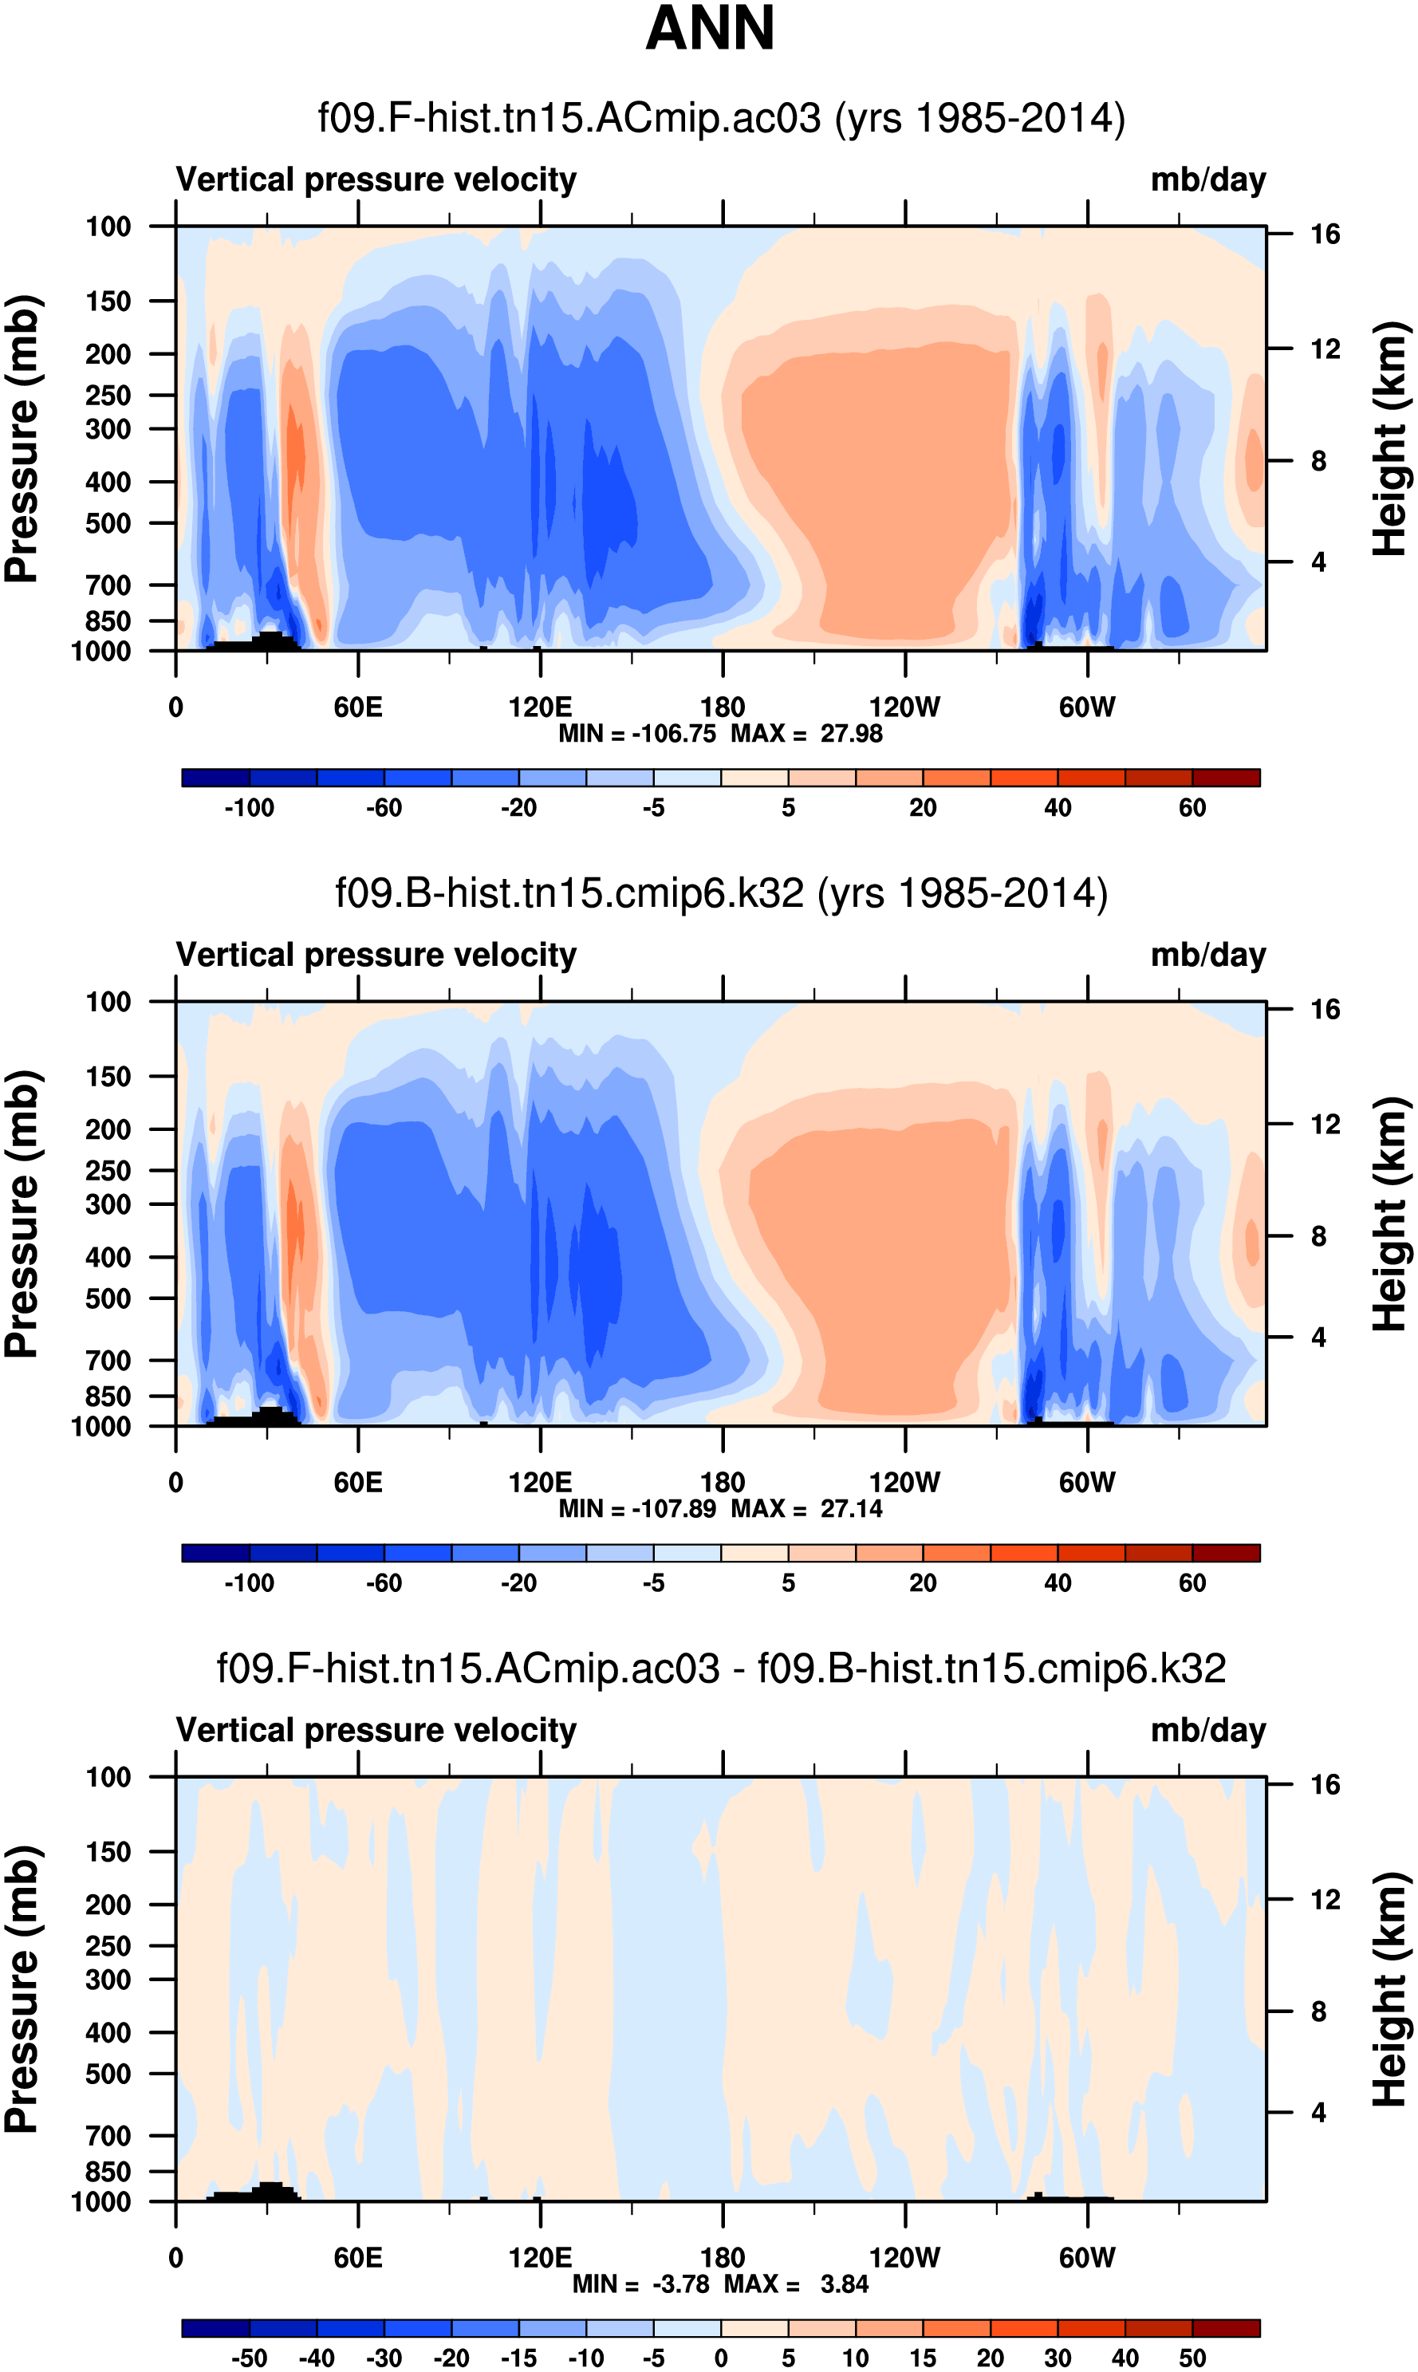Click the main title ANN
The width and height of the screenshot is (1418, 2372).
click(709, 29)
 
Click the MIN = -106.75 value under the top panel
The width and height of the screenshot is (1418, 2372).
click(637, 734)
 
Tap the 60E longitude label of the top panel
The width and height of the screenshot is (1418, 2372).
click(358, 708)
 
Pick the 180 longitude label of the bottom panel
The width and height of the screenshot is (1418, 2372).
click(723, 2257)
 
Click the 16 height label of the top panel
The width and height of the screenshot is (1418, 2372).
click(1325, 234)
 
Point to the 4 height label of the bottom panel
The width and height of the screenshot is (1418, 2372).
click(1318, 2112)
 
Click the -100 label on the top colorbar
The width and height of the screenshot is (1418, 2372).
click(250, 808)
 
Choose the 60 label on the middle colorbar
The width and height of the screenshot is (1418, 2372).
click(1192, 1583)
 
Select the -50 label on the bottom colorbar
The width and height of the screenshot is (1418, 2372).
click(250, 2358)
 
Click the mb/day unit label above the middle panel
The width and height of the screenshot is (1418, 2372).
click(1207, 955)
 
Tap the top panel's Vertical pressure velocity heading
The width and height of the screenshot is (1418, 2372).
click(376, 179)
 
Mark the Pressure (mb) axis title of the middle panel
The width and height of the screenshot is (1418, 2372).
click(21, 1213)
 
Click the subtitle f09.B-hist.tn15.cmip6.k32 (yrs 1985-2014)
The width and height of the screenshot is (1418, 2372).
click(722, 894)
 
